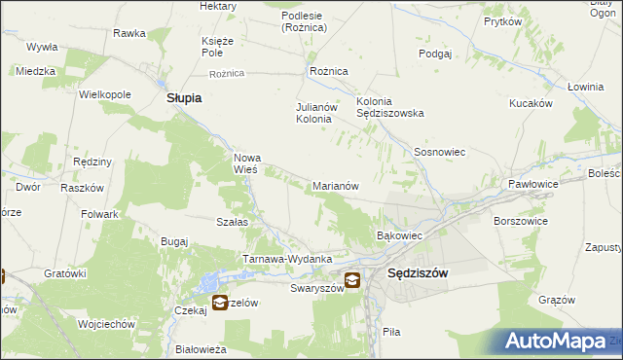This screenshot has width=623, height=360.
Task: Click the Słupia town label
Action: tap(184, 98)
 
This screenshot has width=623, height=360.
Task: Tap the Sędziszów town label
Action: tap(418, 274)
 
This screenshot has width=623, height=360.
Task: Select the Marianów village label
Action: tap(336, 185)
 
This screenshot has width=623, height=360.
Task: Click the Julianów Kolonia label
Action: tap(314, 113)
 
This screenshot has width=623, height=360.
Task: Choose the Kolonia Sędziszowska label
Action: tap(390, 106)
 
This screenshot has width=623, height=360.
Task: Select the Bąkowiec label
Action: tap(398, 235)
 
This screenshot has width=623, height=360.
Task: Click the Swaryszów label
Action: tap(317, 288)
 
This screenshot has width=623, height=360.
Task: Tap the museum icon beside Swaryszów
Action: tap(351, 281)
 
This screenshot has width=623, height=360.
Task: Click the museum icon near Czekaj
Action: tap(220, 303)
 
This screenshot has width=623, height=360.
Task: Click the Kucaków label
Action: tap(531, 102)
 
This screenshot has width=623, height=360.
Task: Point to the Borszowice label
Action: tap(521, 222)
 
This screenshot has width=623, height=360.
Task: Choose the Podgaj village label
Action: tap(435, 54)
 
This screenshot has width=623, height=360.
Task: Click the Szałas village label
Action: tap(232, 222)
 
